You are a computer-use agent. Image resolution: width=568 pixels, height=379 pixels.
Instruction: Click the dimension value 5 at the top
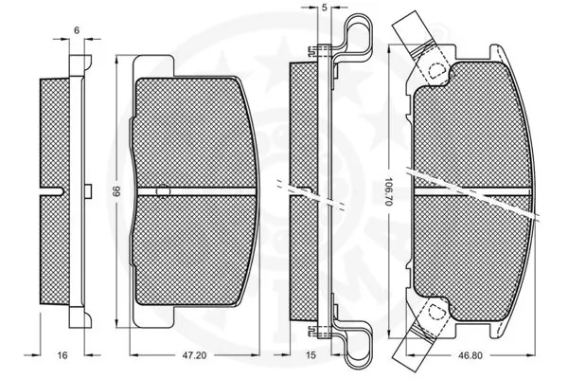coord(324,9)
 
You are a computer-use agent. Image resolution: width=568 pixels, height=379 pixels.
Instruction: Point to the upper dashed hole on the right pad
coord(435,69)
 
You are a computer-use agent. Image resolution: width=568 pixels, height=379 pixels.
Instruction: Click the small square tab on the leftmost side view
coord(86,191)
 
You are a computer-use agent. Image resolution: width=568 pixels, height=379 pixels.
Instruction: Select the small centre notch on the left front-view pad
coord(162,190)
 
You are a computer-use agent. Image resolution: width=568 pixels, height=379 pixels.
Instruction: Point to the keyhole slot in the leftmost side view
coord(54,191)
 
